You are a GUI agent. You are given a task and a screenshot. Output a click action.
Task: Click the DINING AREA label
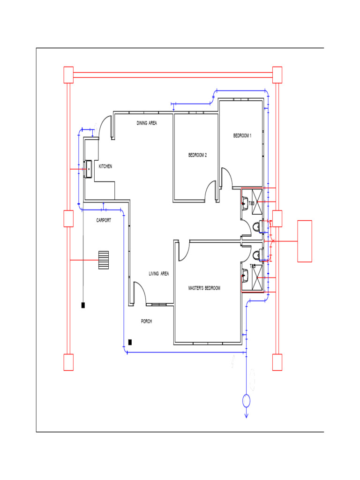[x=147, y=123]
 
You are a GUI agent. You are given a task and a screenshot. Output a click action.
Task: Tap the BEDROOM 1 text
[x=242, y=135]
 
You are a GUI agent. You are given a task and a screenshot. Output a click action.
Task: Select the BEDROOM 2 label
[x=197, y=155]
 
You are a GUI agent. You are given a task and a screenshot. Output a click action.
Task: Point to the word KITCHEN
[x=105, y=166]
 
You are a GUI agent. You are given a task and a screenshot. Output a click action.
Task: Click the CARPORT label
[x=104, y=220]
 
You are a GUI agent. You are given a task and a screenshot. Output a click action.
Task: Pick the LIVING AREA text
[x=159, y=274]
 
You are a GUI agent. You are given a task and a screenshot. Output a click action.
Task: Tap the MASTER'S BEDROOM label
[x=204, y=288]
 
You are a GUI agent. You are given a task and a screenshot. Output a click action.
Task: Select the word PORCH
[x=146, y=322]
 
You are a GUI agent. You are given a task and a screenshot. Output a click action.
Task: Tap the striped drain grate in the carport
[x=104, y=260]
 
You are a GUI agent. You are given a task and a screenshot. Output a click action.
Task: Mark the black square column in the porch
[x=130, y=342]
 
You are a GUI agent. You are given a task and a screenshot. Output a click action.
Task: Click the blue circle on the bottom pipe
[x=246, y=400]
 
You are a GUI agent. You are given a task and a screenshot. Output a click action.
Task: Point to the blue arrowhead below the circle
[x=246, y=415]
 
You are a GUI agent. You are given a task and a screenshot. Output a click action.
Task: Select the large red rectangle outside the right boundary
[x=305, y=241]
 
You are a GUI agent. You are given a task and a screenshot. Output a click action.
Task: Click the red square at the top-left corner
[x=68, y=75]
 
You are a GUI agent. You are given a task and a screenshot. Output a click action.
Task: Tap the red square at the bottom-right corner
[x=277, y=362]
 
